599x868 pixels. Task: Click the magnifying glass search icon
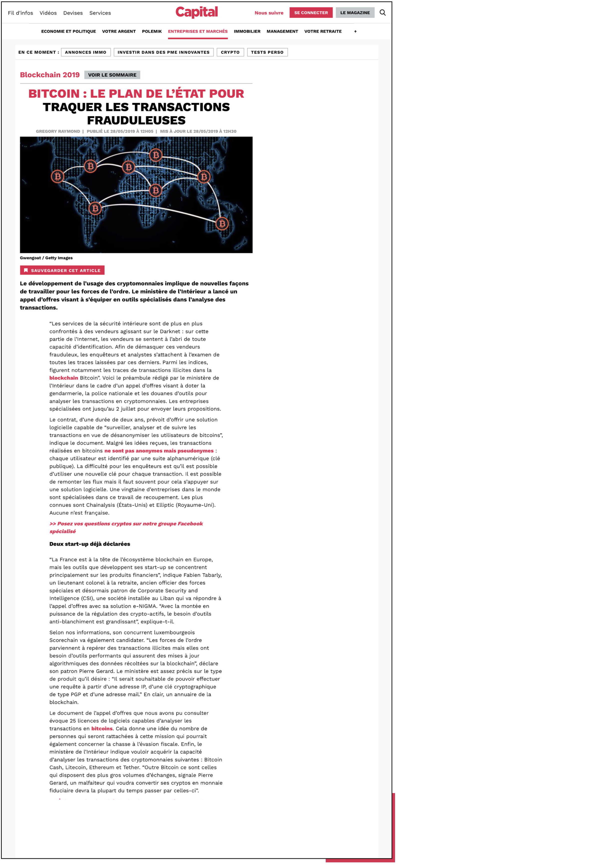click(x=382, y=13)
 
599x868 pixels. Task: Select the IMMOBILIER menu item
click(x=247, y=31)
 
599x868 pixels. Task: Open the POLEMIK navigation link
click(x=152, y=31)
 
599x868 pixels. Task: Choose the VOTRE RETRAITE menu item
click(x=323, y=31)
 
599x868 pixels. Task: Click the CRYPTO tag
click(x=230, y=52)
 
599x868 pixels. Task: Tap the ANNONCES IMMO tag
click(x=86, y=52)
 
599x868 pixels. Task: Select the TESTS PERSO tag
click(x=267, y=52)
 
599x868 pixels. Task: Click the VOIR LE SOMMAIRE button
click(x=112, y=75)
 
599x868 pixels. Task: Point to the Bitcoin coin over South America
click(x=95, y=208)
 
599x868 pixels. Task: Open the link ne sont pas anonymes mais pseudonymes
click(x=159, y=451)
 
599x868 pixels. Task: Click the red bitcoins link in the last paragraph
click(x=102, y=729)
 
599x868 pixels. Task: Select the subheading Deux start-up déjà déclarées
click(x=90, y=544)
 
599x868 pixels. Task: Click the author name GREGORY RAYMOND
click(x=58, y=132)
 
